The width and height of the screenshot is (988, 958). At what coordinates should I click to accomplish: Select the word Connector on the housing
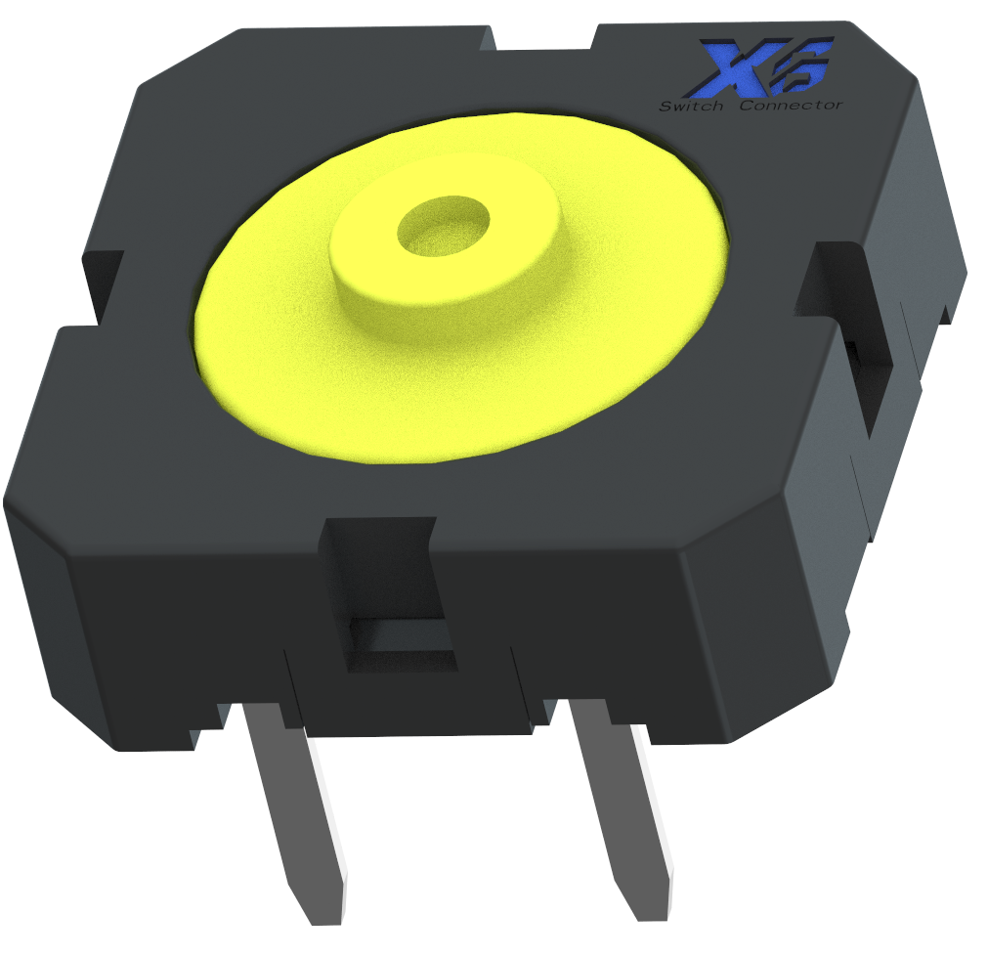[790, 105]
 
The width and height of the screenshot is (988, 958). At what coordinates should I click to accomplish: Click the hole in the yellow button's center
[443, 227]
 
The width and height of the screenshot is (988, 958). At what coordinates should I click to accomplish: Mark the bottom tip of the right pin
[653, 909]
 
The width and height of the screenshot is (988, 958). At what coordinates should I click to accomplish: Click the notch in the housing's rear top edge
[545, 39]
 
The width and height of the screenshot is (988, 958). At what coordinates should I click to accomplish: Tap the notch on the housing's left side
[103, 283]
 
